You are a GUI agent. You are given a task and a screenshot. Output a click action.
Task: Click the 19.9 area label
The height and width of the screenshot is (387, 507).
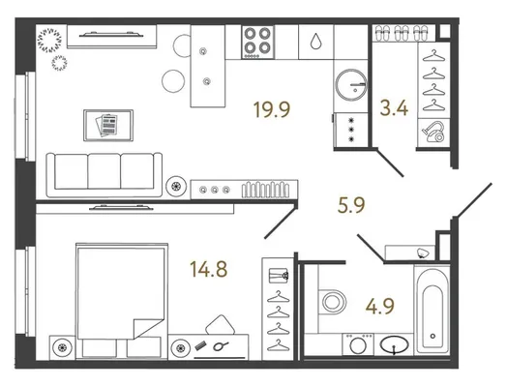[272, 109]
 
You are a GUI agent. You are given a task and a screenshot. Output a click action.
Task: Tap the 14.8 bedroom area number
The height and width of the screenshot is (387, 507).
[209, 269]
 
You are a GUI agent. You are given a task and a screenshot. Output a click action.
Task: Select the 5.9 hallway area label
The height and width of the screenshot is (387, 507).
[351, 205]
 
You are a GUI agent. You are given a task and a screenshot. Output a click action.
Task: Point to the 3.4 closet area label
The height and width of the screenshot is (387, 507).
[394, 108]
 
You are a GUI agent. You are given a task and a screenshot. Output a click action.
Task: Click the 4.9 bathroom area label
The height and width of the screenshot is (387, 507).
[380, 306]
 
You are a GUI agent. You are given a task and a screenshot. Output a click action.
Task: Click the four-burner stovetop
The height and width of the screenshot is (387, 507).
[257, 42]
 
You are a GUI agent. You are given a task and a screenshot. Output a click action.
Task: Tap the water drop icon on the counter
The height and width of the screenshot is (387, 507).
[315, 42]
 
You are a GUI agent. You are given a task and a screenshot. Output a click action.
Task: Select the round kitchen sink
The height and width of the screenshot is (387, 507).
[351, 84]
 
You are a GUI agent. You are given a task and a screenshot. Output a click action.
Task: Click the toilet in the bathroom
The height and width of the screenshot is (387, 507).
[332, 302]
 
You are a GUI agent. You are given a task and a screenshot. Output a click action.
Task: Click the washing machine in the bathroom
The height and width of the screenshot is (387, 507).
[358, 344]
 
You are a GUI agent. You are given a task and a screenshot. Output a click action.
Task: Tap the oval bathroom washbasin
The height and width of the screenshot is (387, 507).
[394, 344]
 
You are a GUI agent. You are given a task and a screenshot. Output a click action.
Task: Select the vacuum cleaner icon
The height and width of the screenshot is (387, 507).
[433, 132]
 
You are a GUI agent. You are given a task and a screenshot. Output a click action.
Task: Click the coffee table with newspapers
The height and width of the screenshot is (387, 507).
[108, 125]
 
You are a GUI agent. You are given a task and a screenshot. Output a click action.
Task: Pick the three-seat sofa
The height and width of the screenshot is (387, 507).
[104, 174]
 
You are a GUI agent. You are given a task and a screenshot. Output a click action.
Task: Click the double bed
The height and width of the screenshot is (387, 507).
[122, 301]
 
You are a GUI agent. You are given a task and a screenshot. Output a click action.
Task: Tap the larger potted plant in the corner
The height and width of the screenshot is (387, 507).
[49, 41]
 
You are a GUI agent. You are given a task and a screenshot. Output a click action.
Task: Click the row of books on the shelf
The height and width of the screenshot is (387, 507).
[266, 190]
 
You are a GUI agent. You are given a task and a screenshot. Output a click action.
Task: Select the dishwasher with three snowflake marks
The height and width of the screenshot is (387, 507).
[351, 130]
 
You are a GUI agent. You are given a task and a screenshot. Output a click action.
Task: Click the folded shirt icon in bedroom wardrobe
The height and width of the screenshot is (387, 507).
[279, 276]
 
